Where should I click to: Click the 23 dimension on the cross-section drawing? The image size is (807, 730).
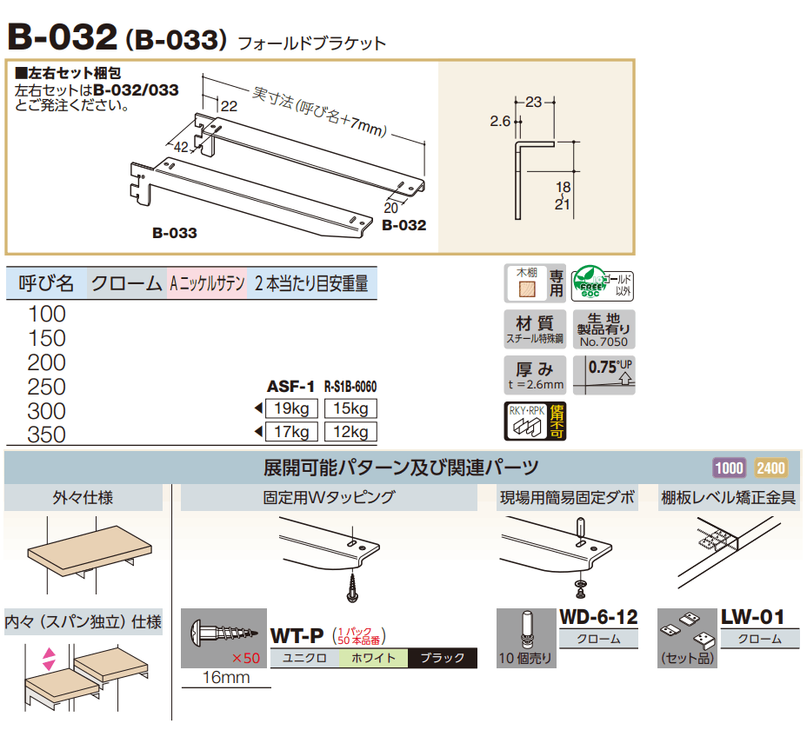point(534,102)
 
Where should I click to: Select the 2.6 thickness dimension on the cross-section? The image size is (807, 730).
point(500,123)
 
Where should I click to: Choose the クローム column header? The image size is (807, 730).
point(126,282)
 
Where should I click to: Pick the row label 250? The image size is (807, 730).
point(46,386)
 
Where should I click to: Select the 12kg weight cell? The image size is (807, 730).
point(350,432)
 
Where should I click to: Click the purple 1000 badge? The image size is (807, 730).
point(729,468)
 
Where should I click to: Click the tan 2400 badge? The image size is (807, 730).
point(770,468)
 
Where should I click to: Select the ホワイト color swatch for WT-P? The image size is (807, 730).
point(373,658)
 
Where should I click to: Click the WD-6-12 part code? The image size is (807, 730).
point(598,618)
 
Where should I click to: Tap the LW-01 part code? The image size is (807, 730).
point(752,618)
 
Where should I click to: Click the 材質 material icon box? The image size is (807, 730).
point(535,329)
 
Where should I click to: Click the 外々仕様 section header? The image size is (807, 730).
point(83,498)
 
